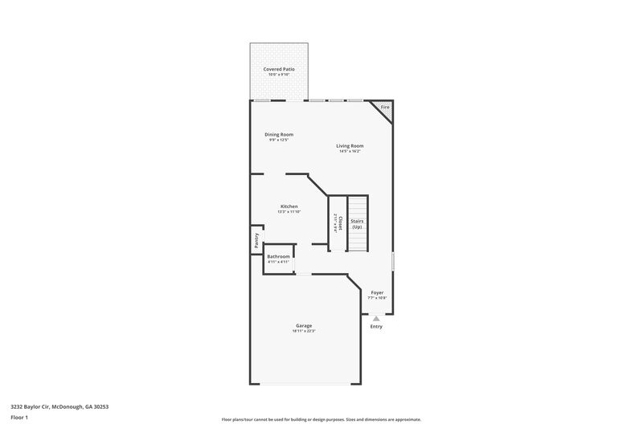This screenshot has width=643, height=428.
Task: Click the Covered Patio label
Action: (279, 69)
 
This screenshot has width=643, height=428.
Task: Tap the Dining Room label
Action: (279, 134)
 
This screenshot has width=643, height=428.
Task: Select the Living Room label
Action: (350, 145)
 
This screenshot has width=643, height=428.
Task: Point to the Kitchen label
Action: (289, 206)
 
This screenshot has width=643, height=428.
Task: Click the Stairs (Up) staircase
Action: (357, 224)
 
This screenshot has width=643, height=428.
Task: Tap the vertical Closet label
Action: (340, 222)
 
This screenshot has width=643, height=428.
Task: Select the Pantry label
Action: (256, 241)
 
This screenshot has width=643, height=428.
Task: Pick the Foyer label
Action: (377, 292)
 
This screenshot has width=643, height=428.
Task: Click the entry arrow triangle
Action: (376, 318)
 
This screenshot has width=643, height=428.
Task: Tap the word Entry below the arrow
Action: (376, 327)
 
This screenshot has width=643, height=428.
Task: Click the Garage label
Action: (303, 325)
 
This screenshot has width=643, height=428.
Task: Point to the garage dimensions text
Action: (303, 331)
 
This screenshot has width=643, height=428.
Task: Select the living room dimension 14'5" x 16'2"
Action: (350, 151)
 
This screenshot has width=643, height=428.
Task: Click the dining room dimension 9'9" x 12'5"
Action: (279, 140)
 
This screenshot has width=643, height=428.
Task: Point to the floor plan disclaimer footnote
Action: (321, 419)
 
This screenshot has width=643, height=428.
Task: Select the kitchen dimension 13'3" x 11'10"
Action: (289, 212)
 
